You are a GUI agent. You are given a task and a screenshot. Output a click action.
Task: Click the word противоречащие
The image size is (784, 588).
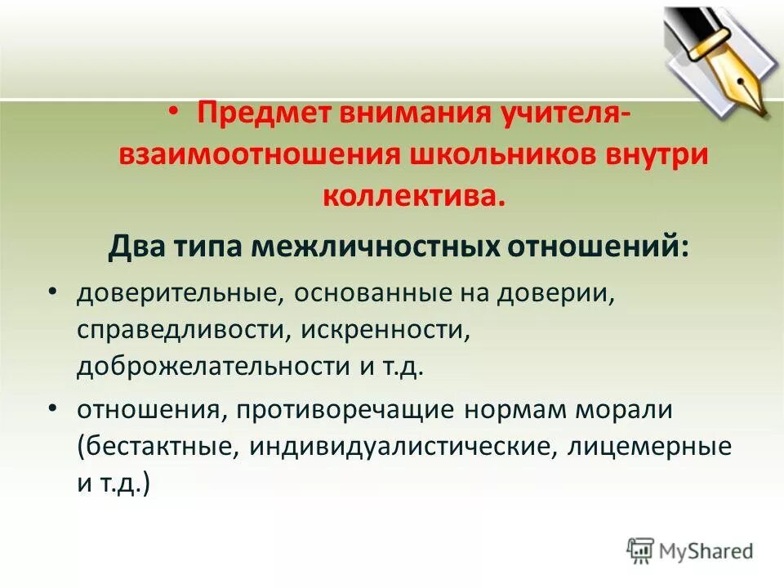coord(344,410)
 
